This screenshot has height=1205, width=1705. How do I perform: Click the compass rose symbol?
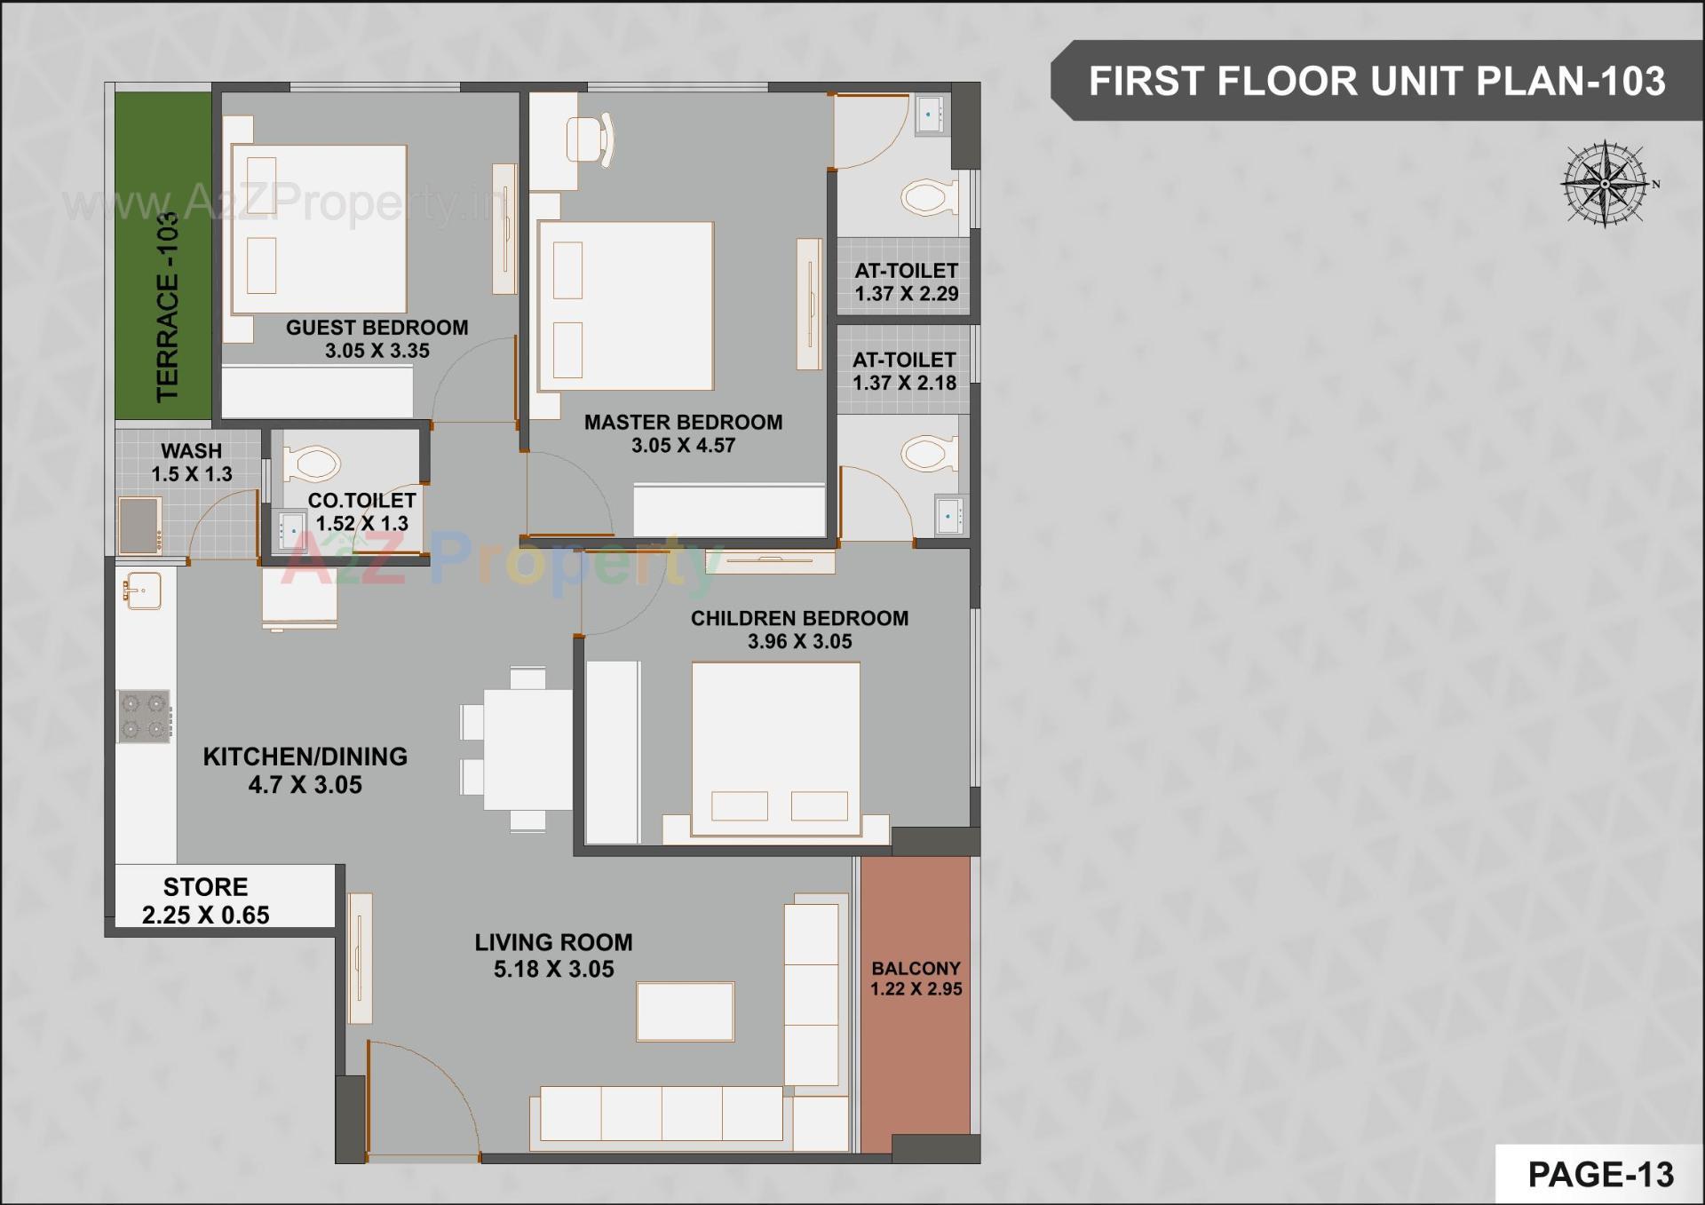coord(1605,184)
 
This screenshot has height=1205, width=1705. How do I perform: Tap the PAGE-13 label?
coord(1600,1174)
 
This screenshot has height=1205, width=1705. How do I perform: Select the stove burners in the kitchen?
coord(144,716)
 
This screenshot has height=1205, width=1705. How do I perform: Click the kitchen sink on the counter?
coord(142,591)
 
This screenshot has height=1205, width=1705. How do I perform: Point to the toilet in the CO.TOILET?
coord(312,464)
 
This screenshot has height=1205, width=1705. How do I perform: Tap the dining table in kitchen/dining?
coord(527,749)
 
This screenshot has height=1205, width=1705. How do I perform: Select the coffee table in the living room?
coord(685,1011)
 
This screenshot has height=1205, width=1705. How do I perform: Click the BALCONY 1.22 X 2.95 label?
coord(916,979)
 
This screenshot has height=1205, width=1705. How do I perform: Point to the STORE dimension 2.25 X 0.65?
coord(205,915)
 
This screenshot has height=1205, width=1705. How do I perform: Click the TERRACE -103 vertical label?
coord(167,307)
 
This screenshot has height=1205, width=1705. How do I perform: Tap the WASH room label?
coord(191,451)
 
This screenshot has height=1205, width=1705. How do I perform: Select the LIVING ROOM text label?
coord(553,942)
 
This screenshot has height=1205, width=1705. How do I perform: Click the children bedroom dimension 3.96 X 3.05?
coord(799,641)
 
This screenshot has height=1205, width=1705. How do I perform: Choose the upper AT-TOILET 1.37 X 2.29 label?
coord(906,281)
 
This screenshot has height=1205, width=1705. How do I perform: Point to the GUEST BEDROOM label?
coord(377,328)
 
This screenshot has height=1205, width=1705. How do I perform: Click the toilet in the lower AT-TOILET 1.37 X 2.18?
coord(930,454)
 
